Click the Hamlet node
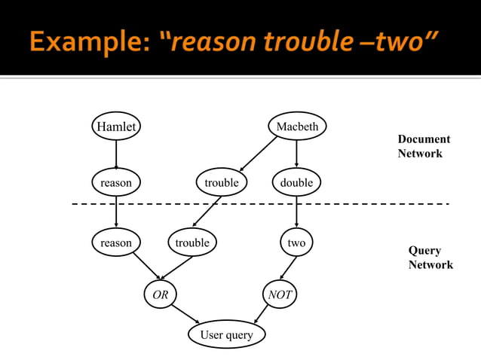pos(116,127)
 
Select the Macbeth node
pos(297,127)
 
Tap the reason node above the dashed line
pos(116,182)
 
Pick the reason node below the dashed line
pos(116,243)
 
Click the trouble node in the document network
pos(221,182)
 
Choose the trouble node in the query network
pos(192,243)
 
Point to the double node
pos(296,182)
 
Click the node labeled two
pos(296,243)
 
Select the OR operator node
pos(161,295)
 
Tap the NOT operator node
pos(280,295)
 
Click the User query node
pos(226,334)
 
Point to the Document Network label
pos(423,146)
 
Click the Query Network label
pos(430,258)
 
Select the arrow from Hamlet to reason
pos(116,154)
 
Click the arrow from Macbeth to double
pos(296,154)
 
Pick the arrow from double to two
pos(296,212)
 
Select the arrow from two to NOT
pos(288,269)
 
